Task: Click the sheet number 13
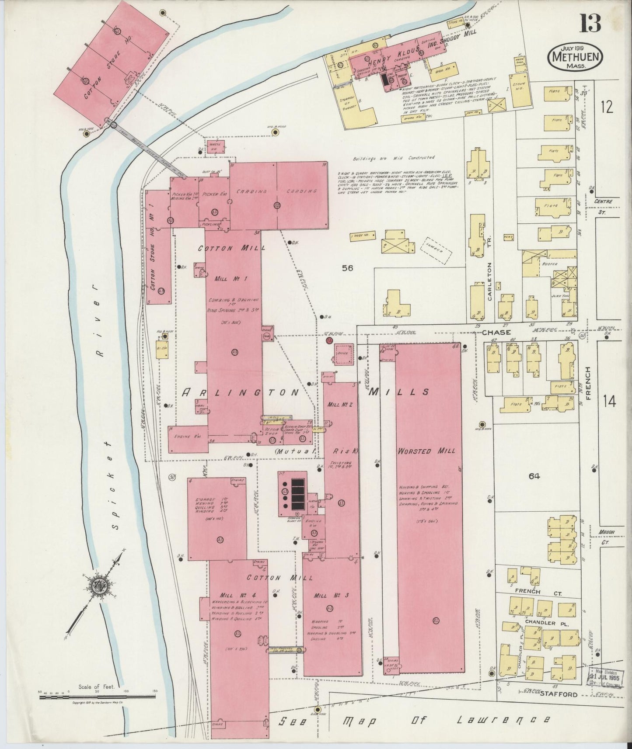point(590,22)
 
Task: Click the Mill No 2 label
point(340,405)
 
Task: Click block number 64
point(534,476)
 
